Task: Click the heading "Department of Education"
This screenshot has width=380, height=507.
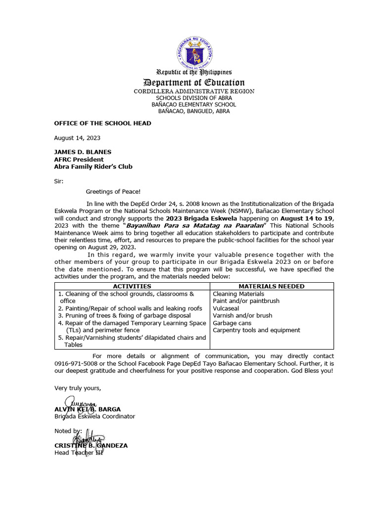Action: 194,83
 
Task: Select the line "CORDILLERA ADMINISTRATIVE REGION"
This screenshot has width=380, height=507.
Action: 194,92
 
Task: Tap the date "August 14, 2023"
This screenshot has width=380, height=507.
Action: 77,138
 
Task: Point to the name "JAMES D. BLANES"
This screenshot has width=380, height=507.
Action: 83,152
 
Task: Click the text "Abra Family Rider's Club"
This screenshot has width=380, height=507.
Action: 93,167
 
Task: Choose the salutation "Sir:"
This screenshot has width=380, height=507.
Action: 59,181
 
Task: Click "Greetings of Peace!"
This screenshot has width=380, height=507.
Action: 113,191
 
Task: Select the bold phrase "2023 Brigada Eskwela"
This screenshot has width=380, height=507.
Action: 201,218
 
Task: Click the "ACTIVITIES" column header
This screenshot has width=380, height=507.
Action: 132,286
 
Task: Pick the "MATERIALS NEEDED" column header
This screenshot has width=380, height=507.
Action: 272,286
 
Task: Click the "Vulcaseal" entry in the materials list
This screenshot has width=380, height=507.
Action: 227,308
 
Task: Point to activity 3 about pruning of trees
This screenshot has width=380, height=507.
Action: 124,315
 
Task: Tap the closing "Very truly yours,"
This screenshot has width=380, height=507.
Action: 78,388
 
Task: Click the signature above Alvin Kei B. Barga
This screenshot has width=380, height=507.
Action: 76,403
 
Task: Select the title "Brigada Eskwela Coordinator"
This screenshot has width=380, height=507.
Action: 95,416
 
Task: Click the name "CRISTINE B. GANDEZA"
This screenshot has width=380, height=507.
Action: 91,445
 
